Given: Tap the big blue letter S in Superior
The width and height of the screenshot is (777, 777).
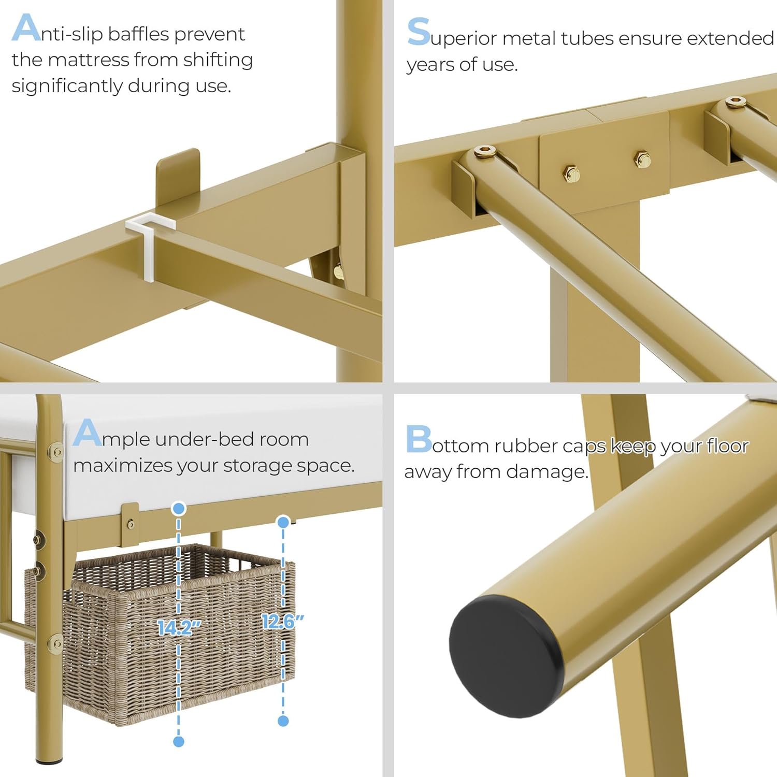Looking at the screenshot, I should (x=419, y=32).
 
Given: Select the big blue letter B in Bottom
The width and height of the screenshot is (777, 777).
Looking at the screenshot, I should (x=419, y=439).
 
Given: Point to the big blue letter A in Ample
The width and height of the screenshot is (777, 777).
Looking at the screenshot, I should (x=87, y=433).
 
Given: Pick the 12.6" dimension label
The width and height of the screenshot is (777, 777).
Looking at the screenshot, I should (x=283, y=621).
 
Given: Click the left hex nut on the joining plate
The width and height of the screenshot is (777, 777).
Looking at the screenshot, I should (x=571, y=174).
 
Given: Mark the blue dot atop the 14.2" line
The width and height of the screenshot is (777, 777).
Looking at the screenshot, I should (x=179, y=509).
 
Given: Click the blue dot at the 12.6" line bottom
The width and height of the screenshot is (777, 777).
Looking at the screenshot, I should (x=283, y=721).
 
